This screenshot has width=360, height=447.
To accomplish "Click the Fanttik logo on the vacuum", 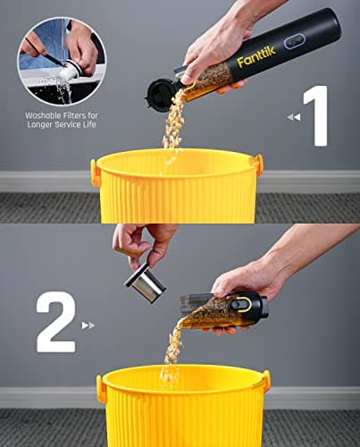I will click(x=257, y=58).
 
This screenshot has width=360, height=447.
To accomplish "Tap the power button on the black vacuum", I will click(x=293, y=41).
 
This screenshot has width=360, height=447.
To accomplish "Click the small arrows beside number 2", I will click(x=88, y=325).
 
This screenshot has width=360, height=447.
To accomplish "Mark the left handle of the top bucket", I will click(x=96, y=173).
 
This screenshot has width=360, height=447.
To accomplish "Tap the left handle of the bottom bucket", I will click(x=101, y=389).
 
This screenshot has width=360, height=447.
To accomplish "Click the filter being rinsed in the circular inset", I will click(x=70, y=68).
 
